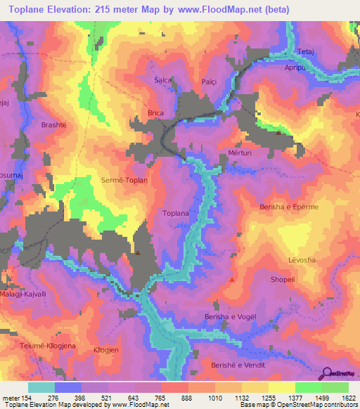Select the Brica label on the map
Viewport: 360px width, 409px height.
(155, 112)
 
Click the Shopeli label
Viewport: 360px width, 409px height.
(284, 279)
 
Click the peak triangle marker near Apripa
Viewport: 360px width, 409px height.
(279, 132)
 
